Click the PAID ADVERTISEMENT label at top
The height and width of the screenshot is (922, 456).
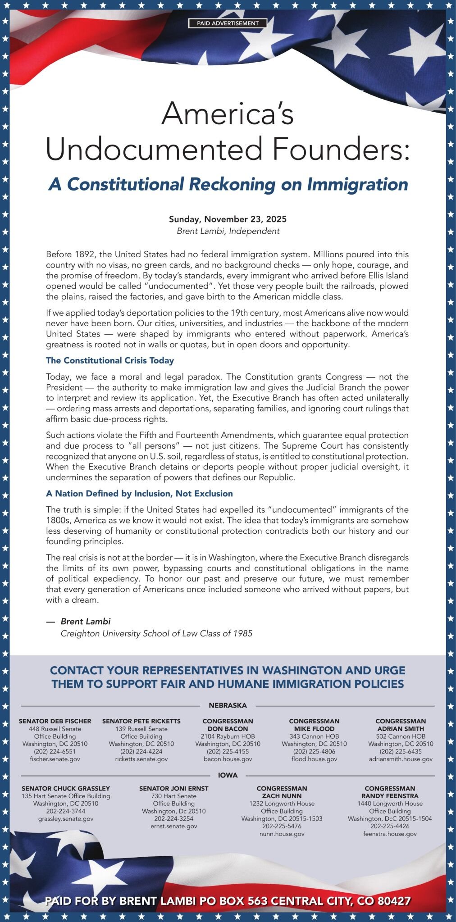(x=228, y=23)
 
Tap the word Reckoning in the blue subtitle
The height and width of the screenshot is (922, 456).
(x=232, y=184)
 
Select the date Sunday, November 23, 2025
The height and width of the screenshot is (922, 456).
(x=228, y=219)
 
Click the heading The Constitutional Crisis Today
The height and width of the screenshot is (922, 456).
(x=109, y=360)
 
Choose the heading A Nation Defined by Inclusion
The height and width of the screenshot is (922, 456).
(x=139, y=494)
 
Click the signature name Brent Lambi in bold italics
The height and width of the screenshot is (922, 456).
(x=86, y=621)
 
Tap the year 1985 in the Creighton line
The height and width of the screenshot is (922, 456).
(x=243, y=633)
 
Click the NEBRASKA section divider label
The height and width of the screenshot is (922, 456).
(x=228, y=705)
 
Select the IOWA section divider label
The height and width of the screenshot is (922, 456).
(x=228, y=775)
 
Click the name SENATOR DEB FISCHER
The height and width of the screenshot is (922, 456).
(x=55, y=721)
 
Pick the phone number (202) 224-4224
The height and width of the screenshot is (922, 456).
(x=141, y=751)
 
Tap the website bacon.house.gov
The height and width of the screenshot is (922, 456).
(x=228, y=759)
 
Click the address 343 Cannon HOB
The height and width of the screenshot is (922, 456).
(x=314, y=736)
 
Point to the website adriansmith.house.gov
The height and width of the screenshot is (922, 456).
(x=401, y=759)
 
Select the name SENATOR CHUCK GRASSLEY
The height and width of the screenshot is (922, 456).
(x=66, y=788)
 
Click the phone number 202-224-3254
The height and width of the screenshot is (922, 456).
(x=174, y=818)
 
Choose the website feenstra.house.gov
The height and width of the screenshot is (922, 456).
(x=390, y=834)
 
